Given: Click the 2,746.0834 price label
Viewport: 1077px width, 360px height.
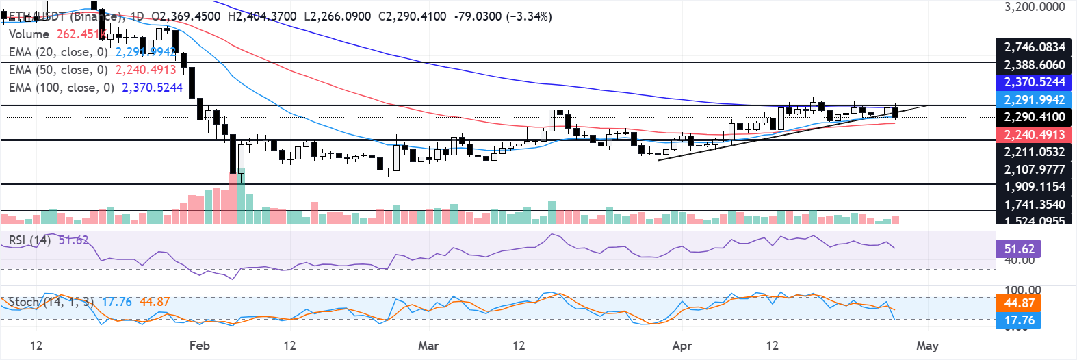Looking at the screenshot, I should [x=1034, y=47].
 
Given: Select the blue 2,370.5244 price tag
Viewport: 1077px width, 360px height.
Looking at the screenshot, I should [x=1034, y=82].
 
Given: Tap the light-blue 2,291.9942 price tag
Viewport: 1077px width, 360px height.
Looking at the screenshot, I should [x=1034, y=100].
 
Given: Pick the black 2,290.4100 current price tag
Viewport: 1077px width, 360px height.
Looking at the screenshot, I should [x=1034, y=117].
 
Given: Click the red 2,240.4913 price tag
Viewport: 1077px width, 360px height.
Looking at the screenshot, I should [x=1034, y=135].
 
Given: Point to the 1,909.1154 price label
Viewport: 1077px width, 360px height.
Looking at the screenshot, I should [x=1034, y=187].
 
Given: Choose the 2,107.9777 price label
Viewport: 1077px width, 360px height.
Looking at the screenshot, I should [x=1034, y=170].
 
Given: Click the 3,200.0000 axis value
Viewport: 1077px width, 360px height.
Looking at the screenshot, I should [x=1034, y=7].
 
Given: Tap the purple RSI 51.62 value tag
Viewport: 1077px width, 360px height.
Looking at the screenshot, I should [x=1019, y=248].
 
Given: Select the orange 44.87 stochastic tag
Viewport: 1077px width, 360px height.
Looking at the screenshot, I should [x=1019, y=303].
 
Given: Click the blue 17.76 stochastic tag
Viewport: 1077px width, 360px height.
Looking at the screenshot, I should [x=1019, y=320].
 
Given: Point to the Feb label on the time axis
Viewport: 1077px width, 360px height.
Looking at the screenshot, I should [x=199, y=346].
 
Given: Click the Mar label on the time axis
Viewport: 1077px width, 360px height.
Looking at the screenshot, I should [x=428, y=346].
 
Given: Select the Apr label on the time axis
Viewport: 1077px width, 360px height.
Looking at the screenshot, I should [x=682, y=346].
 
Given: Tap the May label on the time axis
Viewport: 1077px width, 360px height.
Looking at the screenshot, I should [x=927, y=346].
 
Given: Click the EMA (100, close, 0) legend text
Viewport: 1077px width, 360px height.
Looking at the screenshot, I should [x=61, y=88].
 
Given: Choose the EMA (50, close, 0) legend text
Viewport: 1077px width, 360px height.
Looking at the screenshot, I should [x=58, y=70].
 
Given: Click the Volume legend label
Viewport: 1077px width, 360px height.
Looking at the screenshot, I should [x=29, y=34].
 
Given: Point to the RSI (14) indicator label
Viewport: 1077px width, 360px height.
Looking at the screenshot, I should [x=29, y=240].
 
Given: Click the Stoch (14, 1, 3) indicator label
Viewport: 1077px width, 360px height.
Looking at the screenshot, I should [x=51, y=302].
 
